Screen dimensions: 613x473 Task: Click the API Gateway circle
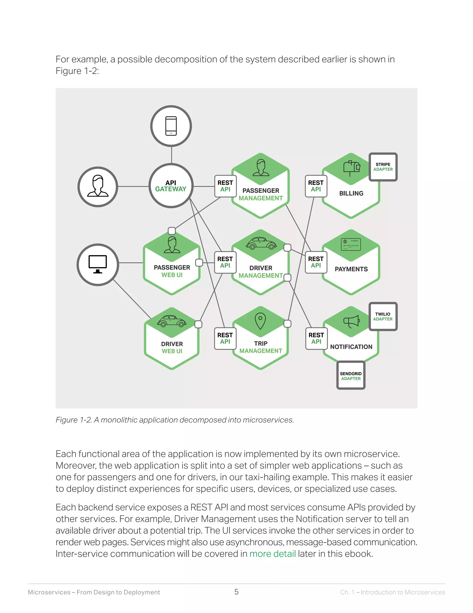[x=171, y=186]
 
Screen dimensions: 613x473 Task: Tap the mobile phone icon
[x=171, y=126]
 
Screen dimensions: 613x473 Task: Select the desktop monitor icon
[x=97, y=264]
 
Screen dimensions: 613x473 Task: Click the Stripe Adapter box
[x=383, y=167]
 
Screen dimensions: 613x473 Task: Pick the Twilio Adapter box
[x=383, y=317]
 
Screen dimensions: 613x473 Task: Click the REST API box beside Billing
[x=316, y=186]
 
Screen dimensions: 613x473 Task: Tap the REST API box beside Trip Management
[x=225, y=338]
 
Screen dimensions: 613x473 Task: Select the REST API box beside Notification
[x=316, y=338]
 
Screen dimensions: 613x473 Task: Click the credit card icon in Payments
[x=351, y=244]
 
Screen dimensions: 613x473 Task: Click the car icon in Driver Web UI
[x=172, y=321]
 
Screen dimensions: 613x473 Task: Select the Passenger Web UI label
[x=172, y=271]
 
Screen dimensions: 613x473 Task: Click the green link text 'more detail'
[x=272, y=554]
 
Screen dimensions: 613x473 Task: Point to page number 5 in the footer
[x=236, y=592]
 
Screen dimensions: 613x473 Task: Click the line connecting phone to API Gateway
[x=172, y=155]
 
